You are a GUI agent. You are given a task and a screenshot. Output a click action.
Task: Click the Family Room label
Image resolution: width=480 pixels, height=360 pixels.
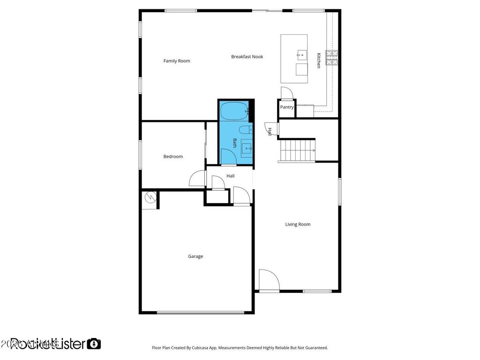(x=177, y=61)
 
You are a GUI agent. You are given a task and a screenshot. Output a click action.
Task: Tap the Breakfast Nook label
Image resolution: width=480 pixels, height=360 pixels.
(x=247, y=57)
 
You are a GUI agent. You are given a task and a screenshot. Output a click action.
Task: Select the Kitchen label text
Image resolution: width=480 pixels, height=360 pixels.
(x=318, y=60)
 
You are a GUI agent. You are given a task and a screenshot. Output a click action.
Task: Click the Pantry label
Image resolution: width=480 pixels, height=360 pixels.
(x=287, y=107)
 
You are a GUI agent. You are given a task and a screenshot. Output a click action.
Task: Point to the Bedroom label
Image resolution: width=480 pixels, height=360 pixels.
(x=173, y=157)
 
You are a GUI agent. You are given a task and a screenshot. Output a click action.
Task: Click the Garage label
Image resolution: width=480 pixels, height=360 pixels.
(x=195, y=256)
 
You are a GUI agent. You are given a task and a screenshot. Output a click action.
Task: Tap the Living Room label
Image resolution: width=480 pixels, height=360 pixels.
(x=298, y=225)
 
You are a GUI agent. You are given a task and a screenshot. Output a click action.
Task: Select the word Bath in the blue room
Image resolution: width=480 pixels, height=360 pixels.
(x=235, y=142)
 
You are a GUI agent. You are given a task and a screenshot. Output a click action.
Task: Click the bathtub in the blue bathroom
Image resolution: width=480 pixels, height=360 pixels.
(x=234, y=112)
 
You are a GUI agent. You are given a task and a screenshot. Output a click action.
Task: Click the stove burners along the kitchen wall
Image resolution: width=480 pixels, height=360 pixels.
(x=333, y=57)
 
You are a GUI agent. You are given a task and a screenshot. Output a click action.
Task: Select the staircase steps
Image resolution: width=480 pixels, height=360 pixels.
(x=297, y=150)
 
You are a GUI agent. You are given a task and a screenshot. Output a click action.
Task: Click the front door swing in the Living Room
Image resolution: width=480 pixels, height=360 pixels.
(x=268, y=280)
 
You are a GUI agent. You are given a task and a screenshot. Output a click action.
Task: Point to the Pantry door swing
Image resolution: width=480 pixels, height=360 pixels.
(x=287, y=93)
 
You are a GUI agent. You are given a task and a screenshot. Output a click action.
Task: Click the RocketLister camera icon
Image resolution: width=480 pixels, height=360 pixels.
(x=94, y=344)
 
